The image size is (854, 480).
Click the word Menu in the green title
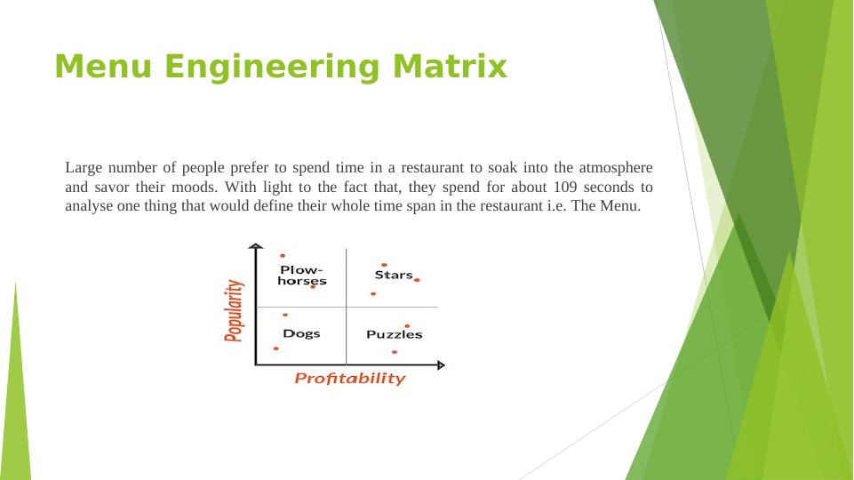click(x=103, y=67)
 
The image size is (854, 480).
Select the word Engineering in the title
click(x=271, y=68)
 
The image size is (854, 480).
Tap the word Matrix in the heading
click(x=450, y=67)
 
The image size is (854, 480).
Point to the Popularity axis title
click(x=234, y=310)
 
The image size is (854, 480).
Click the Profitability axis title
click(x=349, y=378)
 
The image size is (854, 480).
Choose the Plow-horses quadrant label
click(x=302, y=276)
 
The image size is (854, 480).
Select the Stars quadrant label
click(x=394, y=275)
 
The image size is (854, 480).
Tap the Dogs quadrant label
click(x=301, y=333)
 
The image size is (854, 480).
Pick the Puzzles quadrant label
click(x=394, y=334)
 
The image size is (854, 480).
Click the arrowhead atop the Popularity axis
click(x=255, y=246)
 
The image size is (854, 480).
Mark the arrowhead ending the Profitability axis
click(x=441, y=365)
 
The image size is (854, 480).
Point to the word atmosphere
click(x=616, y=167)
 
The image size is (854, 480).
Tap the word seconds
click(x=609, y=187)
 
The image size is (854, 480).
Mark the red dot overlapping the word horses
click(x=313, y=286)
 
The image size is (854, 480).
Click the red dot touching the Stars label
click(x=417, y=280)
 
